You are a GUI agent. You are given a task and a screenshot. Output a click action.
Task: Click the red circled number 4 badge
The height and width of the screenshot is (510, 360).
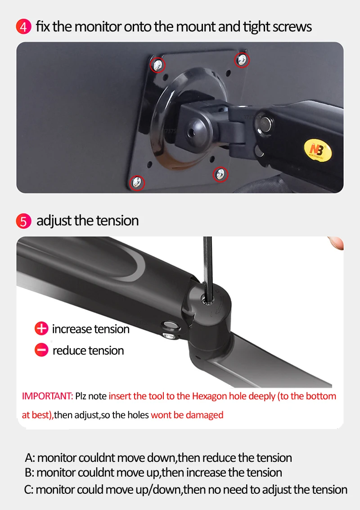pos(23,27)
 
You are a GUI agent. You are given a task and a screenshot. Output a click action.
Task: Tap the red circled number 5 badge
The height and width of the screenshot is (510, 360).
pos(23,221)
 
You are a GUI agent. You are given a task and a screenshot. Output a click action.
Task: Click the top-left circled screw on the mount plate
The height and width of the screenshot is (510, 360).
pos(157,65)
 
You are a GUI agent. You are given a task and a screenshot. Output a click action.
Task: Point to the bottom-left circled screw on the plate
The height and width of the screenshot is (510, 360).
pos(137,183)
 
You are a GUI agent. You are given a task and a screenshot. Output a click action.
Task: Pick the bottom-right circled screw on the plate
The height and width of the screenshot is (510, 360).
pos(220,173)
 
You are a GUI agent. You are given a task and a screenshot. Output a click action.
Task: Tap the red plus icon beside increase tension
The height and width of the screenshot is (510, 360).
pos(41,329)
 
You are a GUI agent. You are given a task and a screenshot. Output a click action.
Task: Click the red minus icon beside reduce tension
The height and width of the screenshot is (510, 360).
pos(41,350)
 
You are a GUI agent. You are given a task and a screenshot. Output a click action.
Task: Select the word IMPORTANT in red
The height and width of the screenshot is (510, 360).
pos(47,396)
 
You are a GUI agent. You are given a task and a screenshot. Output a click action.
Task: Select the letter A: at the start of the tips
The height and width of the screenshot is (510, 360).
pos(30,458)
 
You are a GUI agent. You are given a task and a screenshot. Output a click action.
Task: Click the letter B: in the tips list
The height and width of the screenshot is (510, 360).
pos(30,473)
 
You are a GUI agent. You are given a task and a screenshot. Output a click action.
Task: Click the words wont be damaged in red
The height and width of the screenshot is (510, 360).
pos(187,415)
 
